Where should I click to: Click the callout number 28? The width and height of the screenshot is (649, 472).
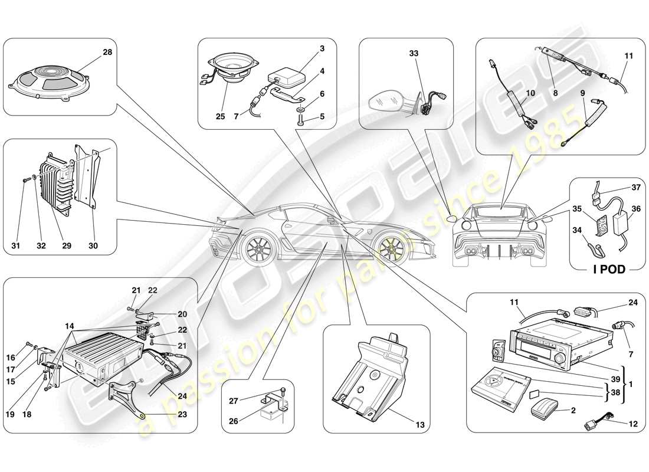107,53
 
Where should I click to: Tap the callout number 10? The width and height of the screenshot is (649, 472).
530,93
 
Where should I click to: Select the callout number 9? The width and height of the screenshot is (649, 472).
584,93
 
